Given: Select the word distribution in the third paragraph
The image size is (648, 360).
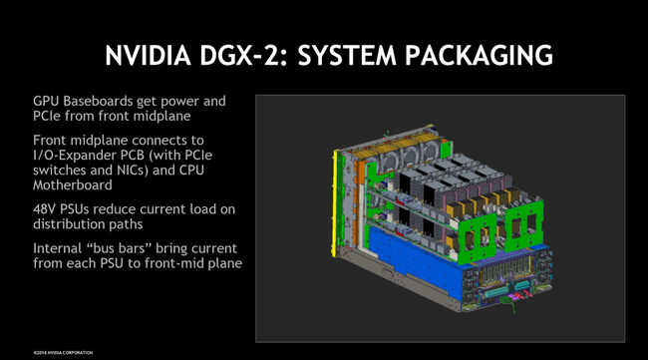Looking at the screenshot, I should [71, 222].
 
